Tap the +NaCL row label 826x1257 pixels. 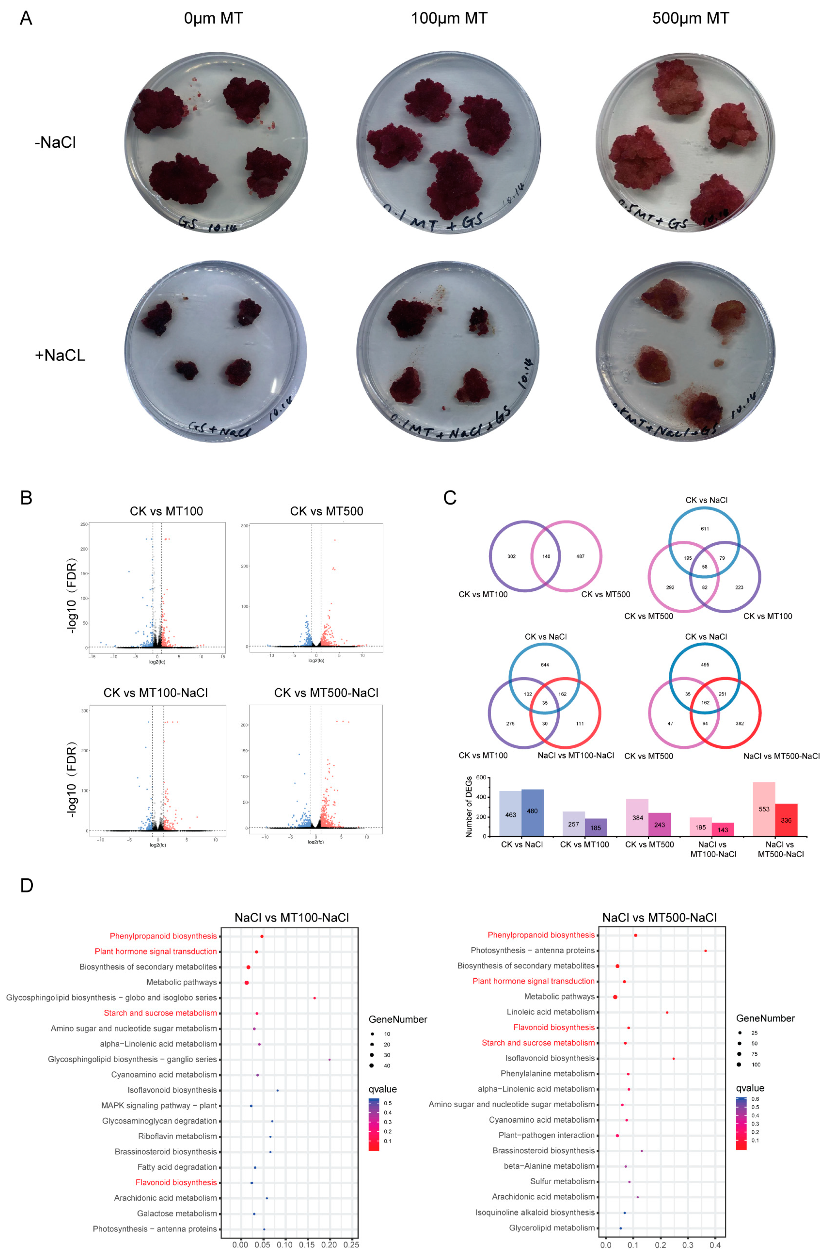coord(60,355)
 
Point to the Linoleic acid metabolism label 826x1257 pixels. coord(550,1012)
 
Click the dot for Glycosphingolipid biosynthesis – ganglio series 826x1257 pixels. coord(329,1059)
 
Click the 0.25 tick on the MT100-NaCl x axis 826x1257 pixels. coord(351,1245)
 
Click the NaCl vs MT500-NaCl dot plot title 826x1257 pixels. coord(659,917)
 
